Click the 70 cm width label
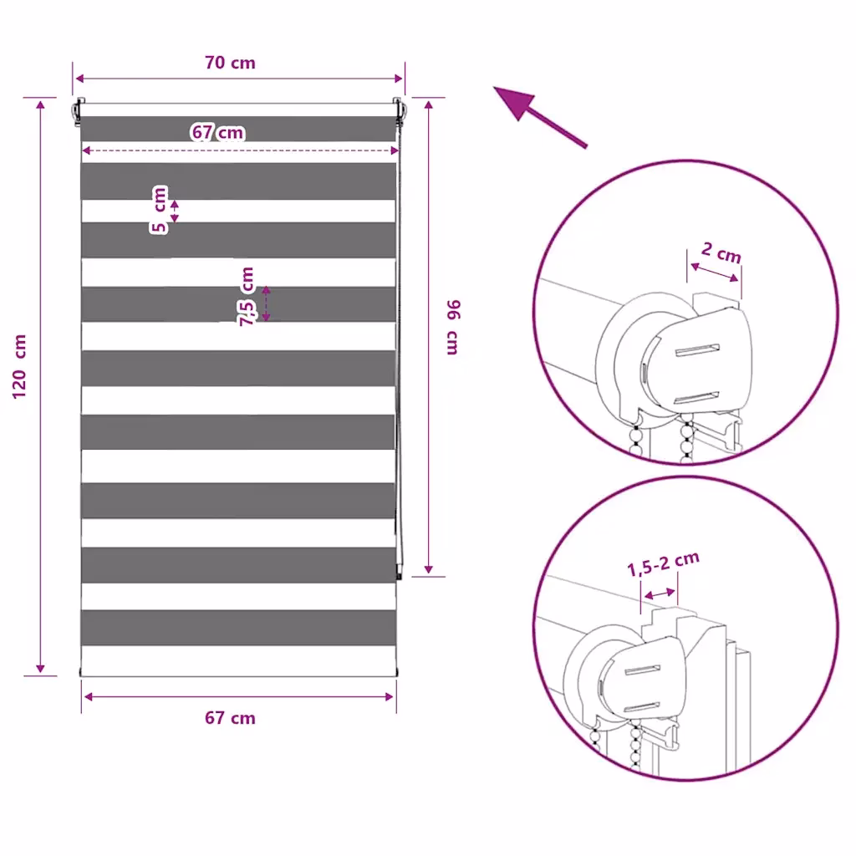230,63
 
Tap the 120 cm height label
19,366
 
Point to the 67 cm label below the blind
230,717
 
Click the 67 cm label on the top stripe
218,132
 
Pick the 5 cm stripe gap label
159,210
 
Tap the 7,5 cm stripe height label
247,297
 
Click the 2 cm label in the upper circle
721,252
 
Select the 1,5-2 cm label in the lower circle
663,564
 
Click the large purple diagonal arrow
540,117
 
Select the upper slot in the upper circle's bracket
697,350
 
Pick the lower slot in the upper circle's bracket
695,398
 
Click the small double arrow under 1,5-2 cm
659,594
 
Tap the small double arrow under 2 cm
714,273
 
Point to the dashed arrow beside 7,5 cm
266,304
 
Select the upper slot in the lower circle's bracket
642,670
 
